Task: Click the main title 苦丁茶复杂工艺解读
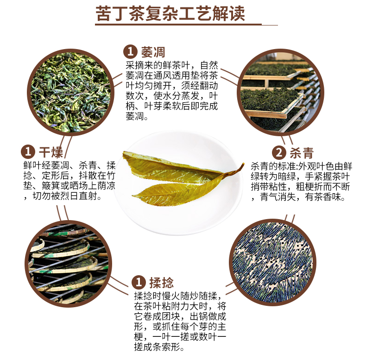[x=170, y=13]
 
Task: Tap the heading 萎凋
[x=153, y=52]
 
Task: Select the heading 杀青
[x=302, y=153]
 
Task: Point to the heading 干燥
[x=50, y=152]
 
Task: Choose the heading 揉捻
[x=162, y=283]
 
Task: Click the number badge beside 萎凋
[x=130, y=52]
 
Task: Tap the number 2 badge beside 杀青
[x=279, y=153]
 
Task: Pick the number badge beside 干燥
[x=28, y=152]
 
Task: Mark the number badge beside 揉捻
[x=139, y=282]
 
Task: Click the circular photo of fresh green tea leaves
[x=70, y=93]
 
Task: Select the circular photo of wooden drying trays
[x=280, y=93]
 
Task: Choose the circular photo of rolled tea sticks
[x=272, y=262]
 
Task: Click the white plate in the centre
[x=178, y=183]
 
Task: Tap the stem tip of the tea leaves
[x=243, y=164]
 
